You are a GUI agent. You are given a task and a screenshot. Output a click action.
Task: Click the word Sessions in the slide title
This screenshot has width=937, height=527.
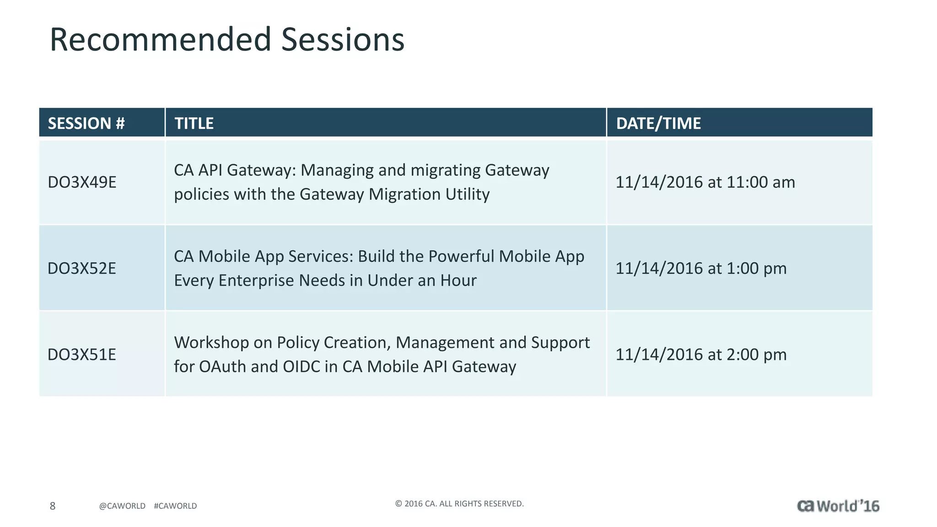343,40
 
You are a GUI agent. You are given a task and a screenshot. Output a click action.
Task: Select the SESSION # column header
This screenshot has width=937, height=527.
86,124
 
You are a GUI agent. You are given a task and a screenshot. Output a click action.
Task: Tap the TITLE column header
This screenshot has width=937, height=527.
194,124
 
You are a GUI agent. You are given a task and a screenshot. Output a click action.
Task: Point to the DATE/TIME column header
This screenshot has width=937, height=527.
658,124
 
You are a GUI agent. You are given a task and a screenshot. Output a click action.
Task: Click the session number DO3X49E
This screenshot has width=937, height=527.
82,183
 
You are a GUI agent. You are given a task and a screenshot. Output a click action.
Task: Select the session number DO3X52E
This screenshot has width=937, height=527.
82,269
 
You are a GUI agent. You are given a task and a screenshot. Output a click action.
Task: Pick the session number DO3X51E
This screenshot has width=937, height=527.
82,355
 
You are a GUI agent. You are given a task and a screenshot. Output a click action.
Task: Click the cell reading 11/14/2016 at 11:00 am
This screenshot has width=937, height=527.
705,183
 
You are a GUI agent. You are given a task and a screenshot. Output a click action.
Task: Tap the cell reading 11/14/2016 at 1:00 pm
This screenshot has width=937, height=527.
700,269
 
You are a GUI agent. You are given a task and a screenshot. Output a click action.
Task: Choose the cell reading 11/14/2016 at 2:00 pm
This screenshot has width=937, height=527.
700,355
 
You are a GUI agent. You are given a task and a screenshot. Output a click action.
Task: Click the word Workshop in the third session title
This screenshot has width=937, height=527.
211,343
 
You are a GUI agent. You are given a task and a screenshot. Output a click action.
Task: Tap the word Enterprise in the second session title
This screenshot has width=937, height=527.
256,280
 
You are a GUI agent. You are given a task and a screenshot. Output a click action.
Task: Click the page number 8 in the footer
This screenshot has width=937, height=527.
53,506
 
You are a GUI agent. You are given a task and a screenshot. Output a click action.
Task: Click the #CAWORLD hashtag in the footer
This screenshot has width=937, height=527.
175,506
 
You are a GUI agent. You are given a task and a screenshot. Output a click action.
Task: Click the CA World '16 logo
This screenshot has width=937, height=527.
838,506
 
